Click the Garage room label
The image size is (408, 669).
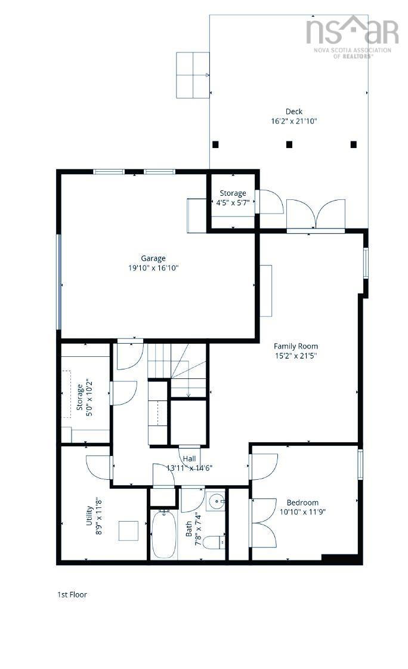[153, 258]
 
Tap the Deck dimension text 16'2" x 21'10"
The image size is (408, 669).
[293, 121]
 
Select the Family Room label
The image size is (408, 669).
[295, 346]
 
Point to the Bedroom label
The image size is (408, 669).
[302, 502]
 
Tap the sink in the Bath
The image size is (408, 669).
[215, 501]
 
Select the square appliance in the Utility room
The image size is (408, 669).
[128, 531]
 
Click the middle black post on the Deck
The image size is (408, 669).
[289, 144]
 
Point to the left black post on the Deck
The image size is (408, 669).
[215, 144]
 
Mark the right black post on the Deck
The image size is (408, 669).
[353, 144]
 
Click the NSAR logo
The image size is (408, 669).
[352, 33]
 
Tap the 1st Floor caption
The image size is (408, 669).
[72, 594]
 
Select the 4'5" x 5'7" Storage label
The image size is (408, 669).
[233, 193]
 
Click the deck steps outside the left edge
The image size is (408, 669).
[193, 75]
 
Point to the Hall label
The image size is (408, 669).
[190, 458]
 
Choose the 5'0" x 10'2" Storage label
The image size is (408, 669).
[80, 396]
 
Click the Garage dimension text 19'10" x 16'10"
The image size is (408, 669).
[153, 269]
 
